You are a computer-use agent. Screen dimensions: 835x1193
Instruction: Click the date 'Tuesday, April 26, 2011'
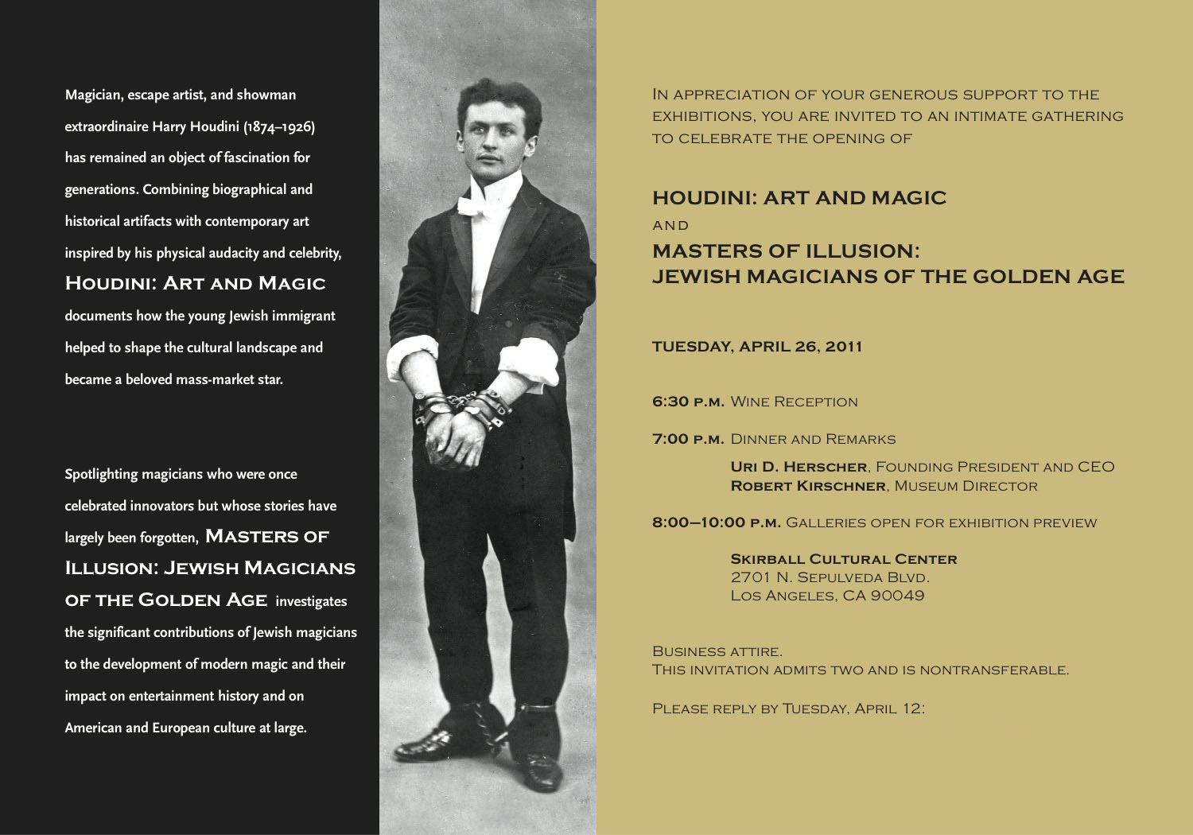click(756, 347)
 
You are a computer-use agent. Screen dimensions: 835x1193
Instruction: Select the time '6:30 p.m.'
click(688, 402)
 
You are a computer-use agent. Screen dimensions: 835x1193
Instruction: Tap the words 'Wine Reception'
click(794, 402)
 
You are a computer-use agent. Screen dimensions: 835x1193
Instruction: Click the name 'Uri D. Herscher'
click(799, 467)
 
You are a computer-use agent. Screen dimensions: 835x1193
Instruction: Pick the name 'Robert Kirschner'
click(807, 486)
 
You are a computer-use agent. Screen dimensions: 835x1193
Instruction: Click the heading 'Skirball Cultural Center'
click(843, 559)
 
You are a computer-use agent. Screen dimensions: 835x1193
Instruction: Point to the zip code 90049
click(897, 596)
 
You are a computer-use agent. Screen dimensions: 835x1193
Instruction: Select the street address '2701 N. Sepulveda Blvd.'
click(830, 577)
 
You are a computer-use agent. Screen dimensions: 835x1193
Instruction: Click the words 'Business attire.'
click(717, 651)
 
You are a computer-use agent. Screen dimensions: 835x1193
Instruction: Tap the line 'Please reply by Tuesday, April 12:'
click(788, 708)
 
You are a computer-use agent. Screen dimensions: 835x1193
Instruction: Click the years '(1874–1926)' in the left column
click(279, 126)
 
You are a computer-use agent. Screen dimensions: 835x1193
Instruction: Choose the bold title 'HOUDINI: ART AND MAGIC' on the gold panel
click(799, 198)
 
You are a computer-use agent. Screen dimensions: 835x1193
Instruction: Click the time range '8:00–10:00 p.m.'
click(716, 522)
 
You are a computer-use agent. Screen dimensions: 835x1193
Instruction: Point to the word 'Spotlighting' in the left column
click(101, 474)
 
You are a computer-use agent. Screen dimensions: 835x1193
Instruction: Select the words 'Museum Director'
click(966, 486)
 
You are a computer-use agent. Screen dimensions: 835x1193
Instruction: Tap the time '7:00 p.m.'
click(688, 439)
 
